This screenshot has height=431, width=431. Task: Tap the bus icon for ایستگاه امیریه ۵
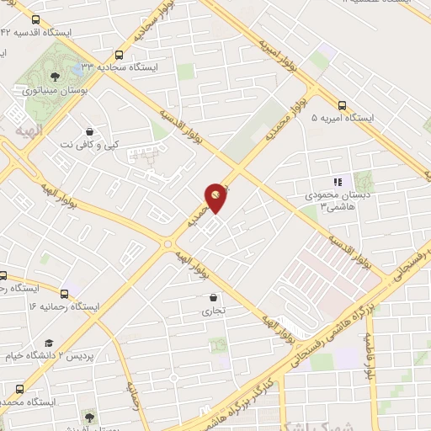[x=341, y=105]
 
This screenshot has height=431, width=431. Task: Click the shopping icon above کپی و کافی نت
[x=89, y=131]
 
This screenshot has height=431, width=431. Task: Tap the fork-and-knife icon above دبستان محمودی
[x=338, y=182]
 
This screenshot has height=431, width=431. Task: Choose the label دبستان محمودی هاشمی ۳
[x=337, y=200]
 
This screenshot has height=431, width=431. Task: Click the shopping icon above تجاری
[x=213, y=297]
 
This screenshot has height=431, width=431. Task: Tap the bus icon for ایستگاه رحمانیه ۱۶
[x=4, y=275]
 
